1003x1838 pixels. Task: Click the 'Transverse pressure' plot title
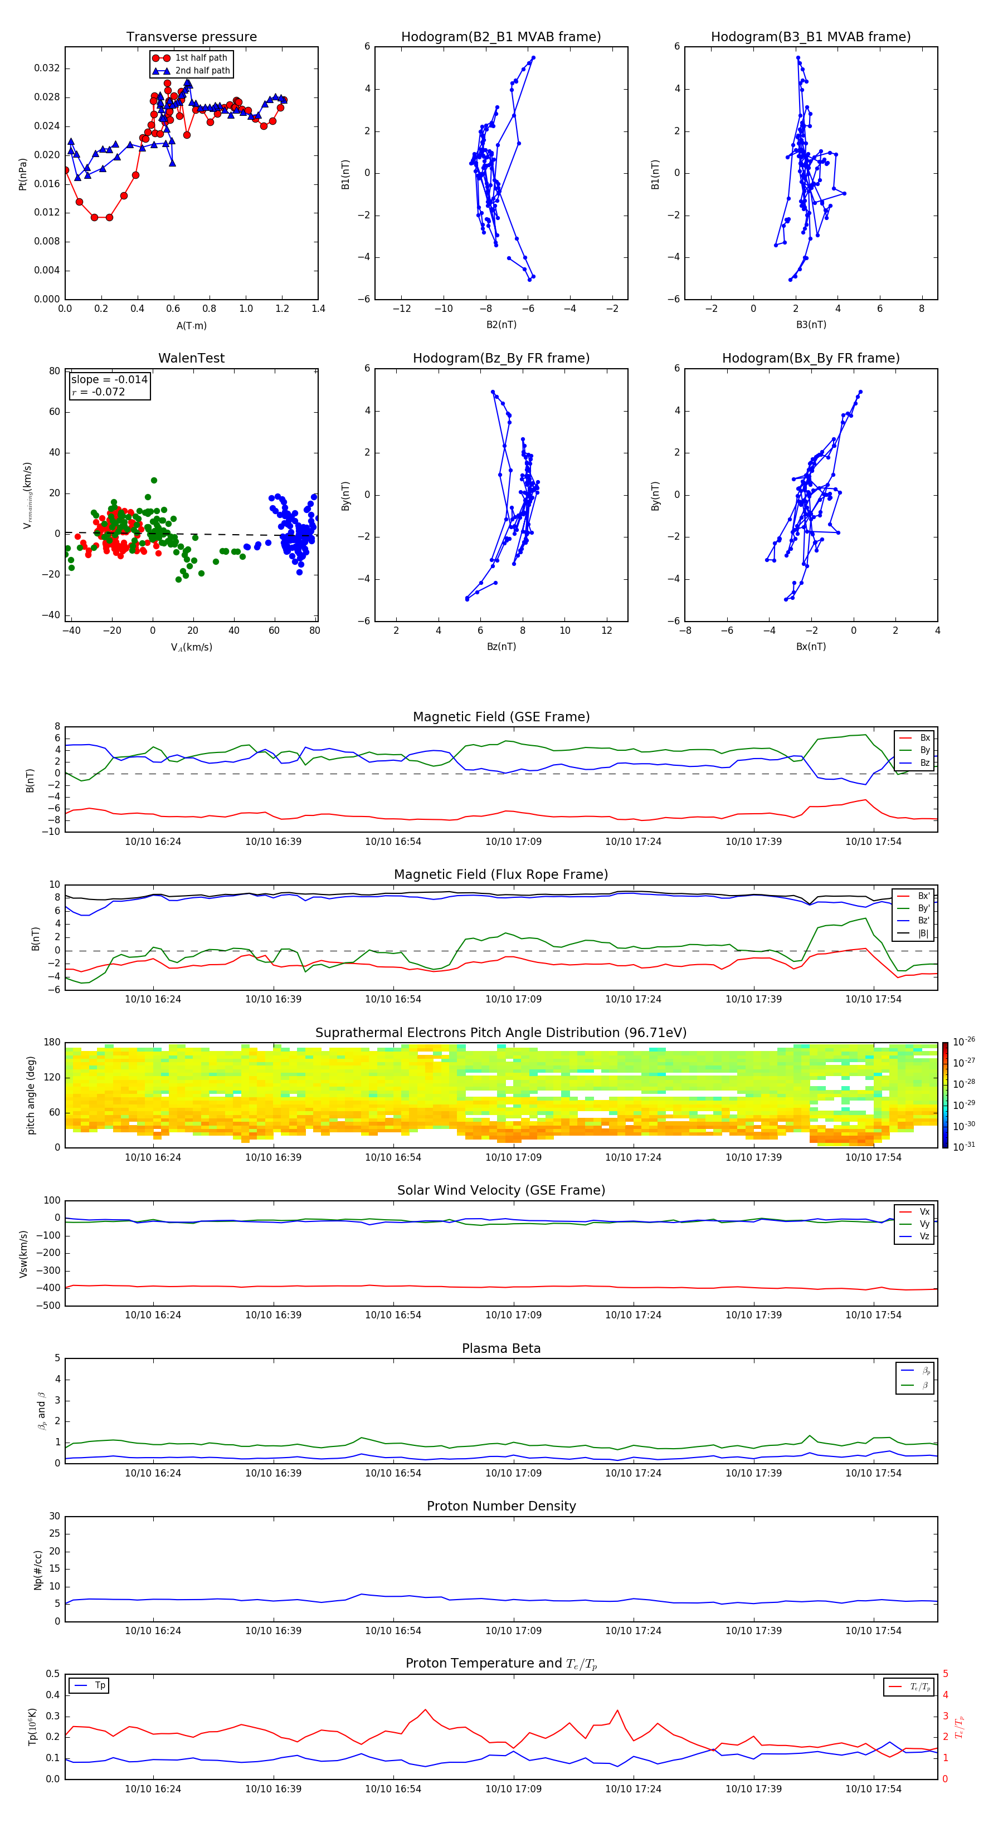[191, 37]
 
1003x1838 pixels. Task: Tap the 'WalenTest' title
[191, 358]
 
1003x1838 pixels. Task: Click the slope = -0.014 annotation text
[109, 380]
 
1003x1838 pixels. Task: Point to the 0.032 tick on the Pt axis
[47, 69]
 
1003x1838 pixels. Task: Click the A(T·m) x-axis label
[191, 326]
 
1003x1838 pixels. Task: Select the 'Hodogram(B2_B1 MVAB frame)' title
[500, 37]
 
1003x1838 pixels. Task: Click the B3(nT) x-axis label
[811, 325]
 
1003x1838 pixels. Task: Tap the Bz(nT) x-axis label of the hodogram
[501, 647]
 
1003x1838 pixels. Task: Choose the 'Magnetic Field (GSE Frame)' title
[501, 717]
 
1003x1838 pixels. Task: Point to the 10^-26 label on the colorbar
[964, 1043]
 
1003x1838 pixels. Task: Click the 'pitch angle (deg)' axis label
[31, 1095]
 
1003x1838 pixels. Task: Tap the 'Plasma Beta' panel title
[501, 1348]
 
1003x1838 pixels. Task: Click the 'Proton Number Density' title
[501, 1506]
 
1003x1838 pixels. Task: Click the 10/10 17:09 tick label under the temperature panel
[513, 1789]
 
